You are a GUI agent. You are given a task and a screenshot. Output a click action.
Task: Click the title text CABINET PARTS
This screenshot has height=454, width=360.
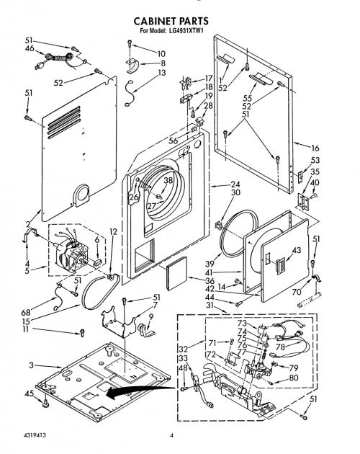pyautogui.click(x=171, y=21)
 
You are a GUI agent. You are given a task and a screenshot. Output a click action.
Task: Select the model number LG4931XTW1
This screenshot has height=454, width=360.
pyautogui.click(x=186, y=31)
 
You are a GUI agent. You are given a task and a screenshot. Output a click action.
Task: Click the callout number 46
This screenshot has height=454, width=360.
pyautogui.click(x=30, y=48)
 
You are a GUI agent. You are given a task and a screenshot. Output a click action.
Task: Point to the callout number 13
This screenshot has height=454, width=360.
pyautogui.click(x=162, y=73)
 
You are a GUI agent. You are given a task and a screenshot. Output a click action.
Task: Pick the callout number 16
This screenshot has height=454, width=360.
pyautogui.click(x=315, y=148)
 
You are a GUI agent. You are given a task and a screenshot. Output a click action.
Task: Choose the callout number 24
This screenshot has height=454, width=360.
pyautogui.click(x=235, y=184)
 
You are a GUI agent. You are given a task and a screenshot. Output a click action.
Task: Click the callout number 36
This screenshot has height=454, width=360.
pyautogui.click(x=210, y=281)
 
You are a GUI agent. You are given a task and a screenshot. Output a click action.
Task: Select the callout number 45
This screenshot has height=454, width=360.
pyautogui.click(x=30, y=393)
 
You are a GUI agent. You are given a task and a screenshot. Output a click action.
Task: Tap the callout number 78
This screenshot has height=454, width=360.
pyautogui.click(x=280, y=347)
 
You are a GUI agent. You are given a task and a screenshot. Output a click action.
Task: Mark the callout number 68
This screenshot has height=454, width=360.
pyautogui.click(x=26, y=313)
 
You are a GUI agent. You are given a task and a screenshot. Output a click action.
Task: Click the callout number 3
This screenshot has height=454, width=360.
pyautogui.click(x=31, y=365)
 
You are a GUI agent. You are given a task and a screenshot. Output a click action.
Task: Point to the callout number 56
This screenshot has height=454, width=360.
pyautogui.click(x=173, y=141)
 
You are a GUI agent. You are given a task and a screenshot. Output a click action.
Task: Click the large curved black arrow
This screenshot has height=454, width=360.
pyautogui.click(x=139, y=391)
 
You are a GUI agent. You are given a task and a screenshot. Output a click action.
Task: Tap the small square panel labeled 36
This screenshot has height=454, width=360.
pyautogui.click(x=176, y=273)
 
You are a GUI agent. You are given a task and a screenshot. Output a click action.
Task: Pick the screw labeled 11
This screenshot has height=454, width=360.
pyautogui.click(x=82, y=333)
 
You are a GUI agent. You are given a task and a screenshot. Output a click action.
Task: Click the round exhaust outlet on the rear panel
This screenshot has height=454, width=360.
pyautogui.click(x=82, y=195)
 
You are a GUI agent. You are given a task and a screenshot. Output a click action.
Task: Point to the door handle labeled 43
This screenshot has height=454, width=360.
pyautogui.click(x=280, y=266)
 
